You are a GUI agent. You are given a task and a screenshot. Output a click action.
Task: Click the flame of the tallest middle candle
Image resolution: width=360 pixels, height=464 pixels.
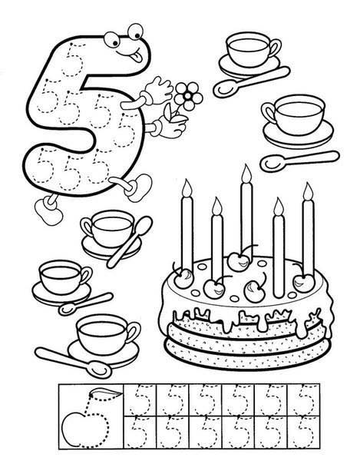tap(246, 173)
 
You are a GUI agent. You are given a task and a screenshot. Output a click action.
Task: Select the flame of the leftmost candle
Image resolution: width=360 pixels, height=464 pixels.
tap(187, 188)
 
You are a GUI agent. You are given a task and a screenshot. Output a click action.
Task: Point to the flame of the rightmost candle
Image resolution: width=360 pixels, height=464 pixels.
tap(308, 191)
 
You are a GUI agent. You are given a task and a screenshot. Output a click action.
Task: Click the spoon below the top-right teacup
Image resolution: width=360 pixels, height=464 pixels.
tap(251, 82)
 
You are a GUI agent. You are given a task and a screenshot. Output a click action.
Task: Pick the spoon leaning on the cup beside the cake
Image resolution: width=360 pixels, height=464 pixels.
tap(129, 242)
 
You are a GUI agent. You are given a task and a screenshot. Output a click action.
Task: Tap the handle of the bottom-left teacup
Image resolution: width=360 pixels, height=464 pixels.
tap(133, 331)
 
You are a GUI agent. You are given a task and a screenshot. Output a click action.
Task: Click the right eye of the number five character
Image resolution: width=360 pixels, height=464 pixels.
tap(136, 31)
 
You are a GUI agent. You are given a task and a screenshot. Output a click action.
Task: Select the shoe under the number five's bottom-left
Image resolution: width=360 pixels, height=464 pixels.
tap(49, 211)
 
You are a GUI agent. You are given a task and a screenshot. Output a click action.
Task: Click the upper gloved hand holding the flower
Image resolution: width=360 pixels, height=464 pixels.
tap(159, 90)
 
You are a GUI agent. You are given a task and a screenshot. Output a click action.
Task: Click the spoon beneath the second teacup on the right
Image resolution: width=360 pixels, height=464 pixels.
tap(299, 161)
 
